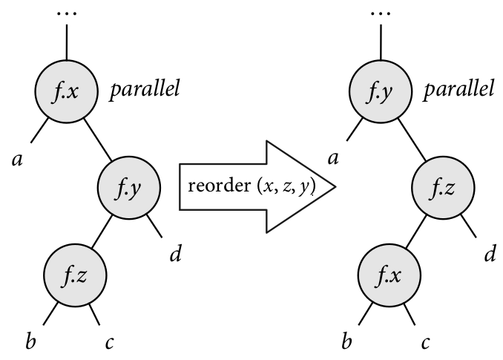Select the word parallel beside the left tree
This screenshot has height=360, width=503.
tap(145, 92)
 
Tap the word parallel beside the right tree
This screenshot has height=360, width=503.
tap(460, 92)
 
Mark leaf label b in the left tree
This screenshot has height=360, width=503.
tap(30, 343)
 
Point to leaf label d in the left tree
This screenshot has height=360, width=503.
tap(175, 255)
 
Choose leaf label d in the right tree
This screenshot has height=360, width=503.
tap(490, 255)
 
